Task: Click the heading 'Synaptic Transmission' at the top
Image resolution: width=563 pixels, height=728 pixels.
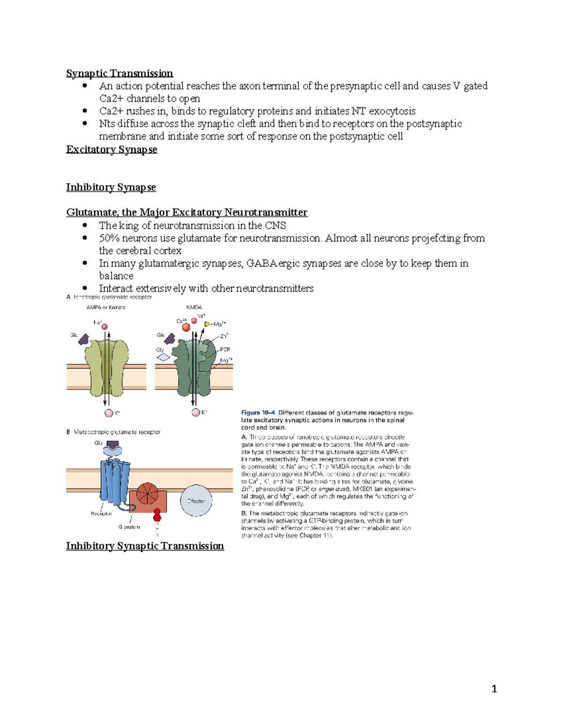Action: click(x=119, y=74)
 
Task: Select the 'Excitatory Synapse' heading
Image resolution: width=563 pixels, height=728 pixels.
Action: click(x=111, y=150)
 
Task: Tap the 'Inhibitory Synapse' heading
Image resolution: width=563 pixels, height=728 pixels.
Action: click(x=111, y=188)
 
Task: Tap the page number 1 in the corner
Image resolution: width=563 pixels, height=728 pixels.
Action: click(x=494, y=689)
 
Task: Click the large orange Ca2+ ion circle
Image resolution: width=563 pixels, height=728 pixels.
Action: click(x=186, y=327)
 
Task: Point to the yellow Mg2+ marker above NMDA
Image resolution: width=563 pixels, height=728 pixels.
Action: click(x=207, y=324)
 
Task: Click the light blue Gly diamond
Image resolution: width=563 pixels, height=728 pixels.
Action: click(x=163, y=357)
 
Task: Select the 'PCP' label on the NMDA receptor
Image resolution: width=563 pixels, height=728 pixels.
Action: click(x=225, y=350)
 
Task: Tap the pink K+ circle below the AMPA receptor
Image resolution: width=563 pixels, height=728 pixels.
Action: click(x=109, y=413)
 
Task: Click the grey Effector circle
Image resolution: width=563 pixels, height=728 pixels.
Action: click(x=196, y=501)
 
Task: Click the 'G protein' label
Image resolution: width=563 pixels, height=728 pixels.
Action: click(x=129, y=527)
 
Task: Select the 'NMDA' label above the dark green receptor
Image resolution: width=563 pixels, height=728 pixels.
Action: click(x=194, y=308)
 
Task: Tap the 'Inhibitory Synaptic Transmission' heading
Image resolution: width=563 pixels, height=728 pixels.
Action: click(x=145, y=546)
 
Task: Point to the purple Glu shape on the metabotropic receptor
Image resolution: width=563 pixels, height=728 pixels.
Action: click(x=113, y=444)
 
